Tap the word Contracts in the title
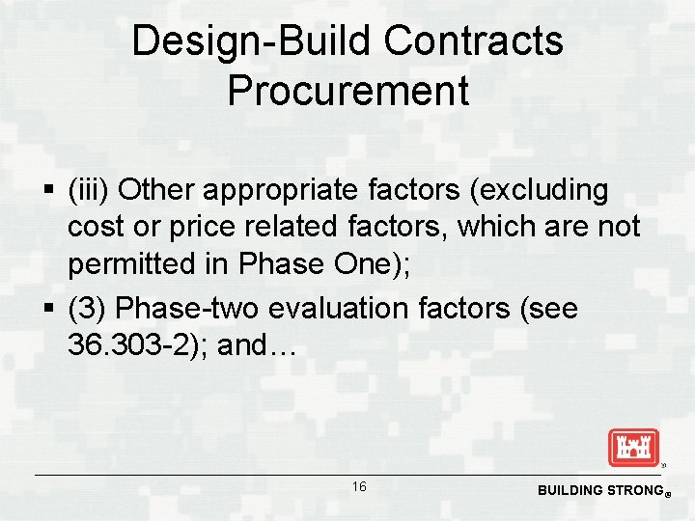[474, 41]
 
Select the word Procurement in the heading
[347, 91]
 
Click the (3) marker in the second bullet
[87, 308]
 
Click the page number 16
[358, 487]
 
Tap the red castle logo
[633, 448]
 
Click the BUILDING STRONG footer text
[598, 490]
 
